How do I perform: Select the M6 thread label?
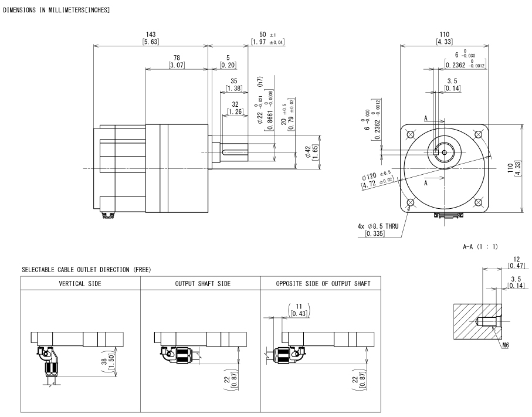point(506,345)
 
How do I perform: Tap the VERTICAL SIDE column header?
point(80,283)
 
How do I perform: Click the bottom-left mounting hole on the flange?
point(410,203)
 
